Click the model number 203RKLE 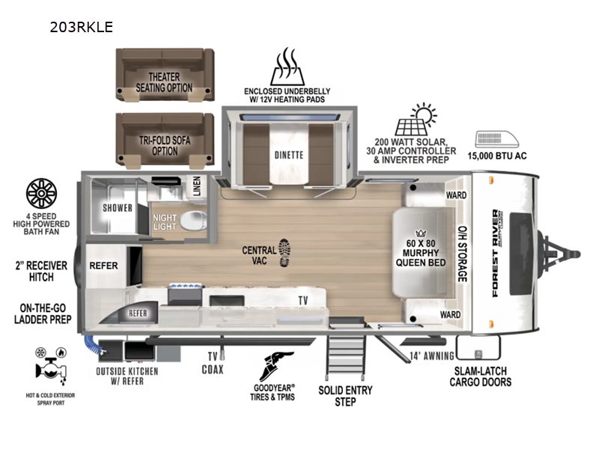click(x=82, y=27)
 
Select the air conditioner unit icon click(x=496, y=139)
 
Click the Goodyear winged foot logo click(x=276, y=367)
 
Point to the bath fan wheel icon click(x=41, y=194)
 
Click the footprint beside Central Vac click(x=285, y=253)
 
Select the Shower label click(x=118, y=208)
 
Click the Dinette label click(x=289, y=155)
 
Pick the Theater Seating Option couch click(x=165, y=75)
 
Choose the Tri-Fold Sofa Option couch click(x=165, y=141)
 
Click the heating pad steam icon click(x=288, y=67)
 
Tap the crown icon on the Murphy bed click(x=421, y=233)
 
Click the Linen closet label click(x=197, y=186)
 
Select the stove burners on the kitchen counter click(x=185, y=286)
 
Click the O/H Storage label click(x=462, y=254)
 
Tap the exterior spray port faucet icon click(x=51, y=366)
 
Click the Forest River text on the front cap click(x=496, y=253)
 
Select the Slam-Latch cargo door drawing click(x=478, y=347)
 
